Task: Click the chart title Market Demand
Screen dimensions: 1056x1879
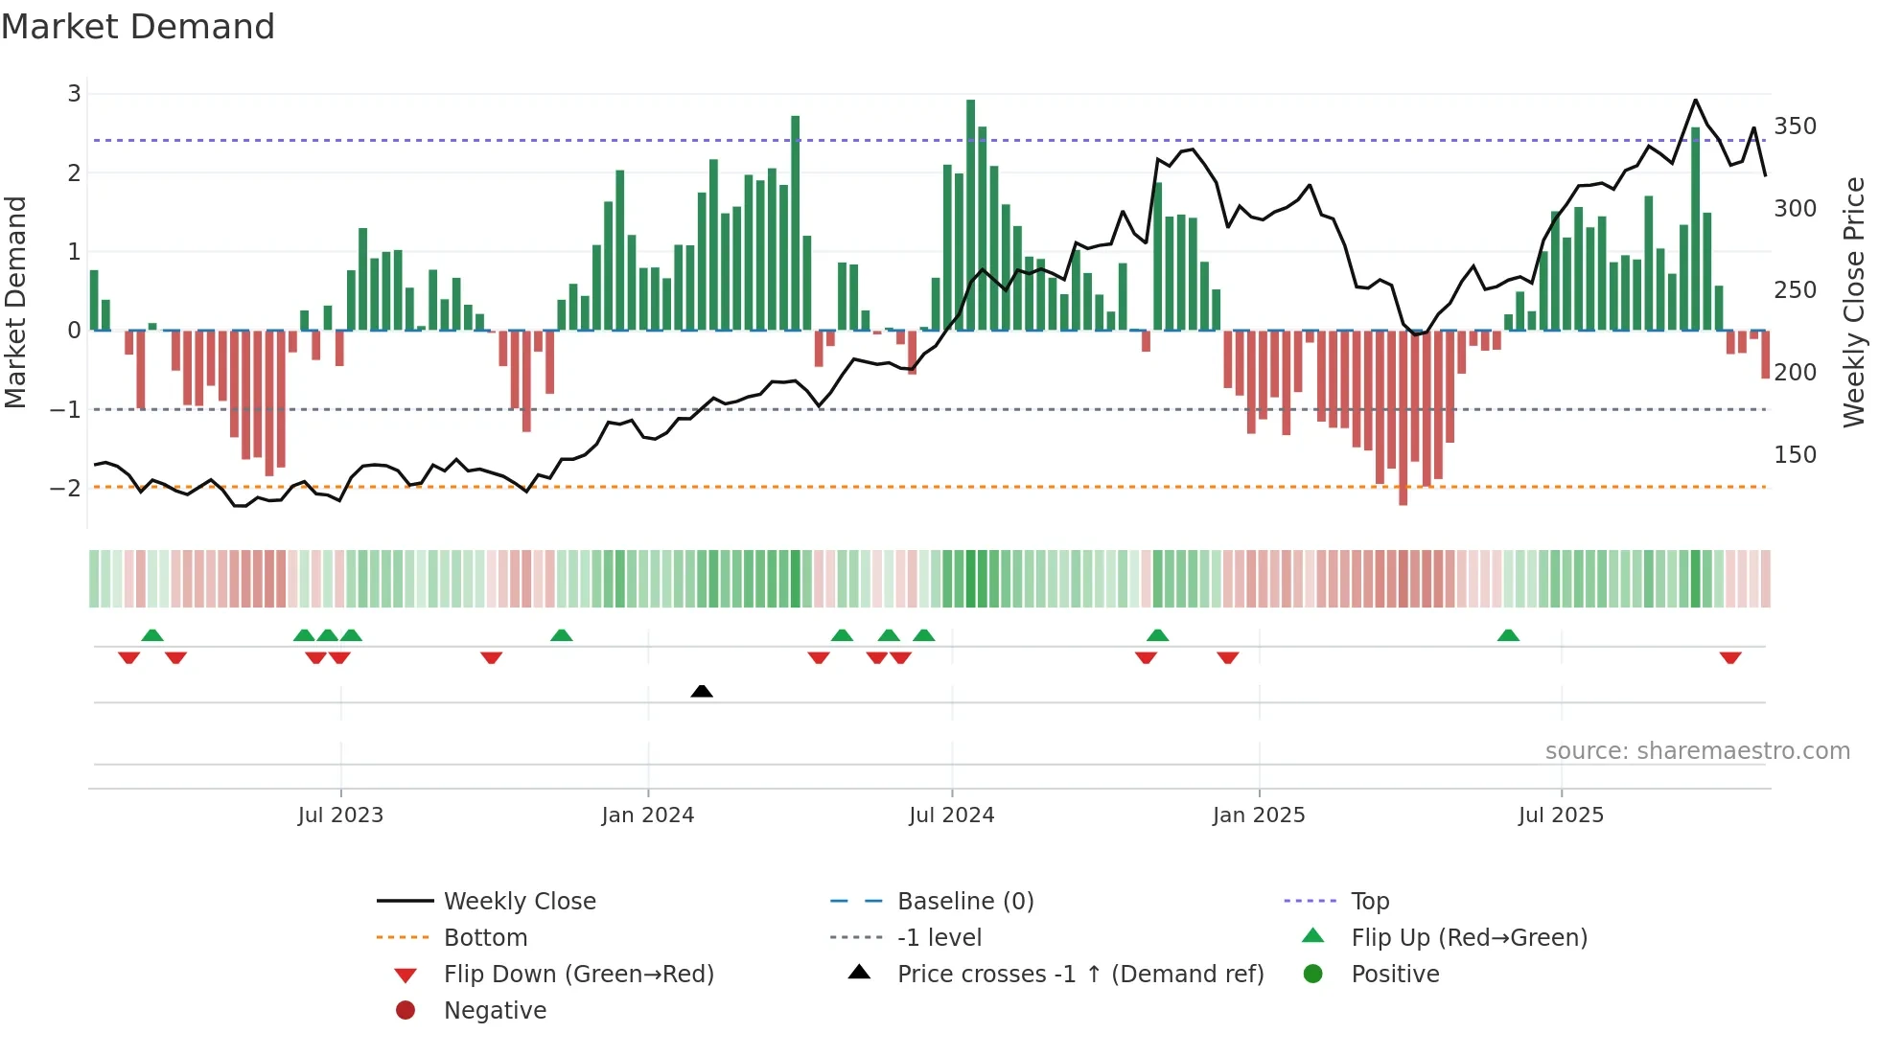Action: click(138, 27)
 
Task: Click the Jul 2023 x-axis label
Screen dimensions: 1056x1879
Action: click(340, 815)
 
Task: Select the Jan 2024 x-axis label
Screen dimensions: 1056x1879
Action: click(648, 815)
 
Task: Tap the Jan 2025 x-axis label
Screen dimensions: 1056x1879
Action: click(1259, 815)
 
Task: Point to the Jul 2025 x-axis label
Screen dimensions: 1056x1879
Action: click(1561, 815)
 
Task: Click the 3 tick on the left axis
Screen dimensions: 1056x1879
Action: click(74, 94)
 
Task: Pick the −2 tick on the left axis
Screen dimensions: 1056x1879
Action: click(66, 488)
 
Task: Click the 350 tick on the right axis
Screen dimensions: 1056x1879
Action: click(1795, 126)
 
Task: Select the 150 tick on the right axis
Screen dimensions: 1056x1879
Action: click(1795, 454)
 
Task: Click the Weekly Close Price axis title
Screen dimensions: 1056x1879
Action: click(1854, 302)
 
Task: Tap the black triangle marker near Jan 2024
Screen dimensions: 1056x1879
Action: click(702, 691)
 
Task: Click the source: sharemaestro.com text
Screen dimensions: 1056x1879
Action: click(1697, 751)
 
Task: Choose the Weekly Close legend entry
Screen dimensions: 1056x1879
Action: click(520, 902)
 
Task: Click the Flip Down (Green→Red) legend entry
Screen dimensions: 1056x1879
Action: click(578, 975)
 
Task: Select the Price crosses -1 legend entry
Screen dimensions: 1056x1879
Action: click(1079, 975)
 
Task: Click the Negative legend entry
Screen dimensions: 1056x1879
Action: click(495, 1011)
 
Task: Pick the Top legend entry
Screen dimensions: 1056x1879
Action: click(1370, 902)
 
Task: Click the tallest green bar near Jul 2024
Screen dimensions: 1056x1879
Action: click(971, 216)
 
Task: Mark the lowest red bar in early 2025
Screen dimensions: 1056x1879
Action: click(1403, 417)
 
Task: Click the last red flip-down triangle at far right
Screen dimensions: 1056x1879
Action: click(1730, 657)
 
